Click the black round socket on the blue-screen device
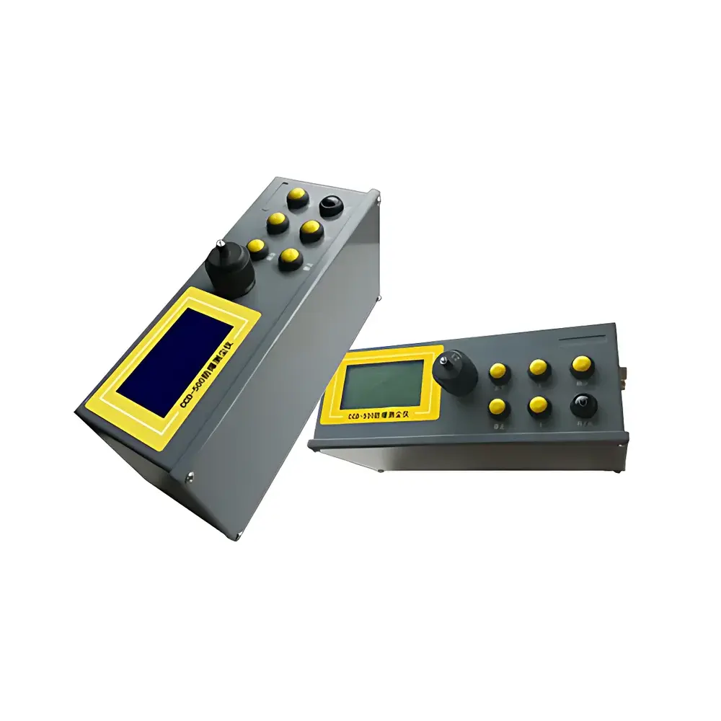pos(330,205)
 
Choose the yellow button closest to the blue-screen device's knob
pos(257,247)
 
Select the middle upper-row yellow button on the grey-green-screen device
pos(538,368)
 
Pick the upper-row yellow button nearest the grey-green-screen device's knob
pos(497,371)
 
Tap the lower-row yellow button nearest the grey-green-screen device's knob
pos(497,407)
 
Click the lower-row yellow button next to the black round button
pos(538,405)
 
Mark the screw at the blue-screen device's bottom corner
pos(190,474)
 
